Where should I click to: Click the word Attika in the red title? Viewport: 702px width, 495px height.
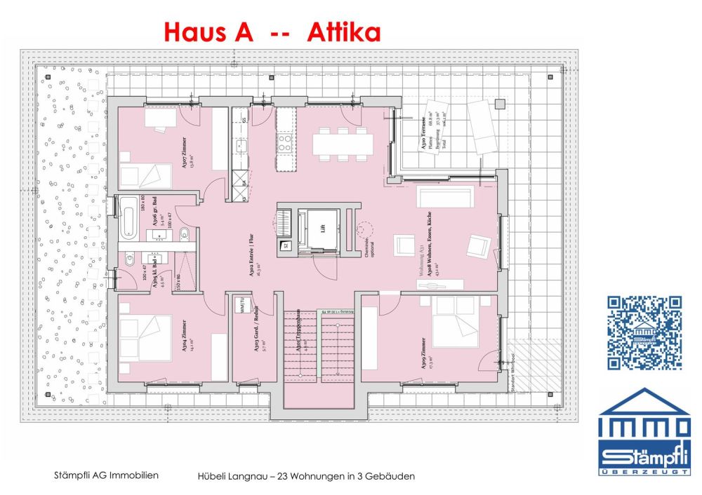pyautogui.click(x=344, y=32)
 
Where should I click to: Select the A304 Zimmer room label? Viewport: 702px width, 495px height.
pyautogui.click(x=184, y=337)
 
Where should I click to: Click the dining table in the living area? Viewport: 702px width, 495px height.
pyautogui.click(x=343, y=144)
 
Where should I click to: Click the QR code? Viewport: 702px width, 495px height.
pyautogui.click(x=644, y=332)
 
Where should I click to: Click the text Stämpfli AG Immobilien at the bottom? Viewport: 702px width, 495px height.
pyautogui.click(x=106, y=475)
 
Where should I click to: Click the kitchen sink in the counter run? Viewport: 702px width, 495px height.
pyautogui.click(x=241, y=147)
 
